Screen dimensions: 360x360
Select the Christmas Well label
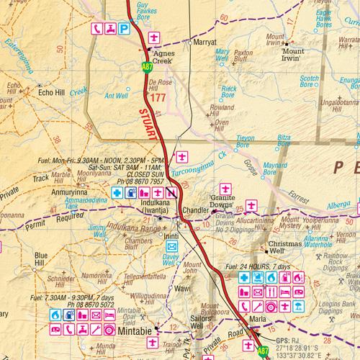coord(284,244)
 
